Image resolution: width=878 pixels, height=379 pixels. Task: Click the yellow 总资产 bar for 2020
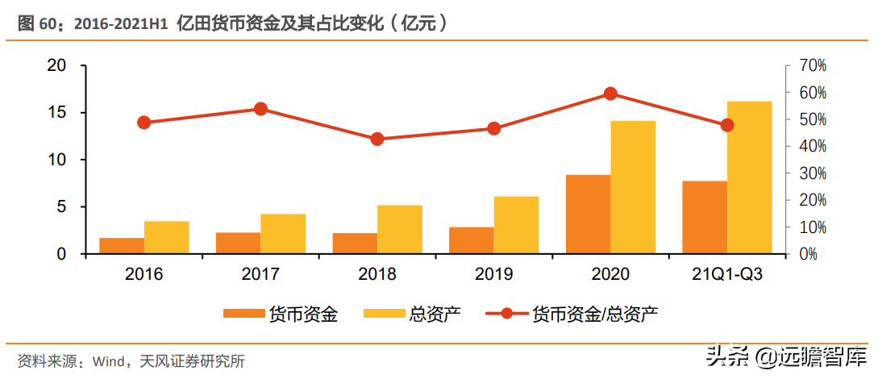[x=633, y=187]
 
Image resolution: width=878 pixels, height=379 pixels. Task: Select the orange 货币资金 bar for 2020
[x=588, y=214]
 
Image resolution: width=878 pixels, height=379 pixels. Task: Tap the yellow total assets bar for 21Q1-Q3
[x=749, y=177]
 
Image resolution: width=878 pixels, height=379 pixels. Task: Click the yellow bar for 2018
[x=399, y=230]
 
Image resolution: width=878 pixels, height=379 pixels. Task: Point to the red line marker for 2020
[x=610, y=94]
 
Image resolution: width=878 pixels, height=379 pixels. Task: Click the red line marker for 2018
[x=377, y=139]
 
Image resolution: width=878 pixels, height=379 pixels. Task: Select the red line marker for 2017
[x=260, y=109]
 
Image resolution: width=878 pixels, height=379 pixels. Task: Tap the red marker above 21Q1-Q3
[x=726, y=125]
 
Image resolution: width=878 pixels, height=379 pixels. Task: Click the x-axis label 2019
[x=493, y=275]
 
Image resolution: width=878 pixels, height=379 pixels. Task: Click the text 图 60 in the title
[x=37, y=24]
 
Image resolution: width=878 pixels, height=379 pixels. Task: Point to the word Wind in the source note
[x=110, y=360]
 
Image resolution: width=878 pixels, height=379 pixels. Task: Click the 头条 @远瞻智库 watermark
[x=785, y=356]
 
